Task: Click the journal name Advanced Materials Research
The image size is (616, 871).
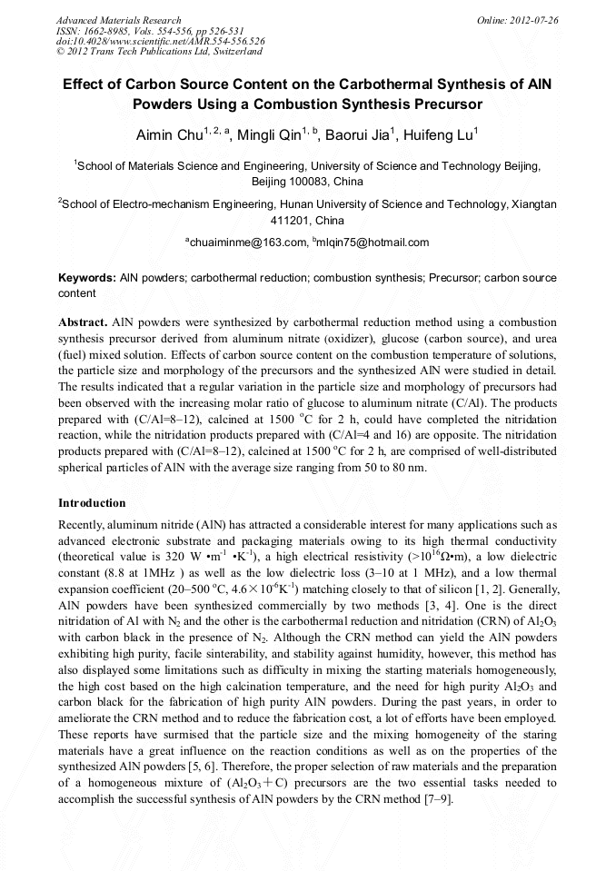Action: point(118,20)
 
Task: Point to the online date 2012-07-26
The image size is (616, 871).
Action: point(533,20)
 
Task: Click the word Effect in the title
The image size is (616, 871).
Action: point(85,84)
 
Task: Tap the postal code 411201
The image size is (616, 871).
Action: point(291,221)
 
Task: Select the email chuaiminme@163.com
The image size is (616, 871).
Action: point(246,242)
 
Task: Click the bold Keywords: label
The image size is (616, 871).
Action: point(87,278)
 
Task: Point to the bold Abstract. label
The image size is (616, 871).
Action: point(84,323)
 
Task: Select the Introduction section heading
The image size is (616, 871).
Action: point(92,503)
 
